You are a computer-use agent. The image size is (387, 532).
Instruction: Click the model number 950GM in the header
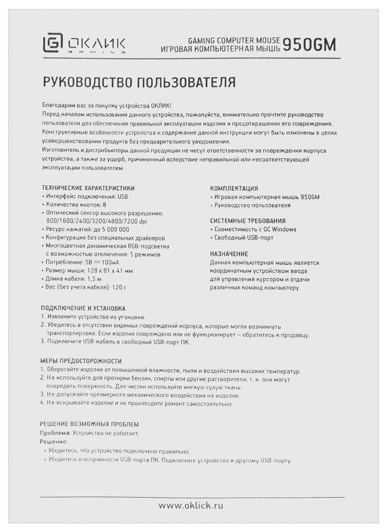coord(309,45)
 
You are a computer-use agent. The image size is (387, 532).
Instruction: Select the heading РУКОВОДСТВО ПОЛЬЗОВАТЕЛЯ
coord(139,82)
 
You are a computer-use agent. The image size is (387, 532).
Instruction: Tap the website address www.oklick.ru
coord(191,506)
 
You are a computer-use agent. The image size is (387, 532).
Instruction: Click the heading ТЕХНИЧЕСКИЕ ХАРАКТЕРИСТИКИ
coord(88,188)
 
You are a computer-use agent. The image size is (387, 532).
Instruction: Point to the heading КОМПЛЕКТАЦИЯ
coord(234,188)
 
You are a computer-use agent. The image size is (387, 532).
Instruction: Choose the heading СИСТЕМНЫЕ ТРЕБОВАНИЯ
coord(248,221)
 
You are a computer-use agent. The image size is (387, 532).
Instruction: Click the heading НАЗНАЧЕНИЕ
coord(229,254)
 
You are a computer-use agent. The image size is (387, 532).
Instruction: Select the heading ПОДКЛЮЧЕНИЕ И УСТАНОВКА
coord(83,308)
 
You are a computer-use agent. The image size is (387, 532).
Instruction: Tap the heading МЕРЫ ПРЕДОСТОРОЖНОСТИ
coord(81,361)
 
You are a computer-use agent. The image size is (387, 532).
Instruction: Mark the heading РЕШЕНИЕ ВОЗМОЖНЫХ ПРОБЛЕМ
coord(89,424)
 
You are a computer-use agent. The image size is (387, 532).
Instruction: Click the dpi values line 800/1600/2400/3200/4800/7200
coord(96,221)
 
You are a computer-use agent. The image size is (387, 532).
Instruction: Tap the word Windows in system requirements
coord(284,229)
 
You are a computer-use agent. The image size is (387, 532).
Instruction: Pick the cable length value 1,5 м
coord(94,279)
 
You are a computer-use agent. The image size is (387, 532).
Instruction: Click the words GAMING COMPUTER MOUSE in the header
coord(234,40)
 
